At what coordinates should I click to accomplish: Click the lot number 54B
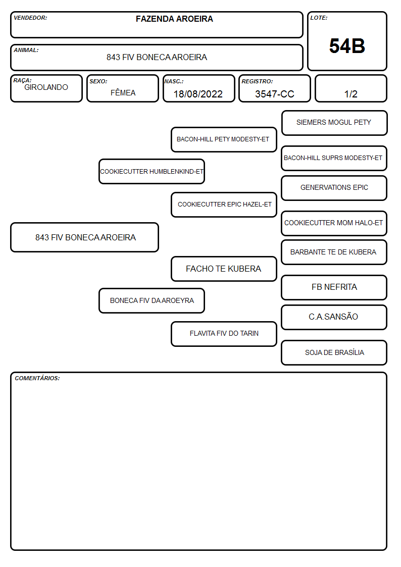[x=347, y=46]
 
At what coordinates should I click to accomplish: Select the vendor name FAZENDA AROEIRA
[x=174, y=19]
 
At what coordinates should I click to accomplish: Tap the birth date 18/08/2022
[x=198, y=94]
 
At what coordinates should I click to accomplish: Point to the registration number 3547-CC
[x=274, y=94]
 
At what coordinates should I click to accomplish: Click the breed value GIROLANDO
[x=46, y=87]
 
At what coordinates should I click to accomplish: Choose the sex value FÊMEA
[x=123, y=92]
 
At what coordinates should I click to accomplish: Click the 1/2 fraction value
[x=350, y=94]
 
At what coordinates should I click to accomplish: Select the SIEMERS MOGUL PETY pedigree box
[x=334, y=123]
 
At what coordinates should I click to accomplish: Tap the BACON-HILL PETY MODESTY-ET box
[x=224, y=139]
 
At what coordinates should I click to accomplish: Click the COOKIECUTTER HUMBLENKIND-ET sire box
[x=152, y=171]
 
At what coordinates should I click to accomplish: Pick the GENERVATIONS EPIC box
[x=334, y=188]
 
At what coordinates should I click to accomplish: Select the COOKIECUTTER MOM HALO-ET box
[x=334, y=223]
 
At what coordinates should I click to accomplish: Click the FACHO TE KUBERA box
[x=224, y=269]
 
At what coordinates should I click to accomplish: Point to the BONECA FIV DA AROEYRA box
[x=152, y=300]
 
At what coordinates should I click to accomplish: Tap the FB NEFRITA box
[x=334, y=287]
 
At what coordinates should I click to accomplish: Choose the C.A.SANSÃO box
[x=334, y=317]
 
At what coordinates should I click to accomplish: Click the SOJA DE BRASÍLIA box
[x=334, y=352]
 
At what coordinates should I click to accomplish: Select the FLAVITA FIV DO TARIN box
[x=224, y=334]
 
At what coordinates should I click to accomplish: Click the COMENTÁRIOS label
[x=37, y=378]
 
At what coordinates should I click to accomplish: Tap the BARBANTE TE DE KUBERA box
[x=334, y=252]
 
